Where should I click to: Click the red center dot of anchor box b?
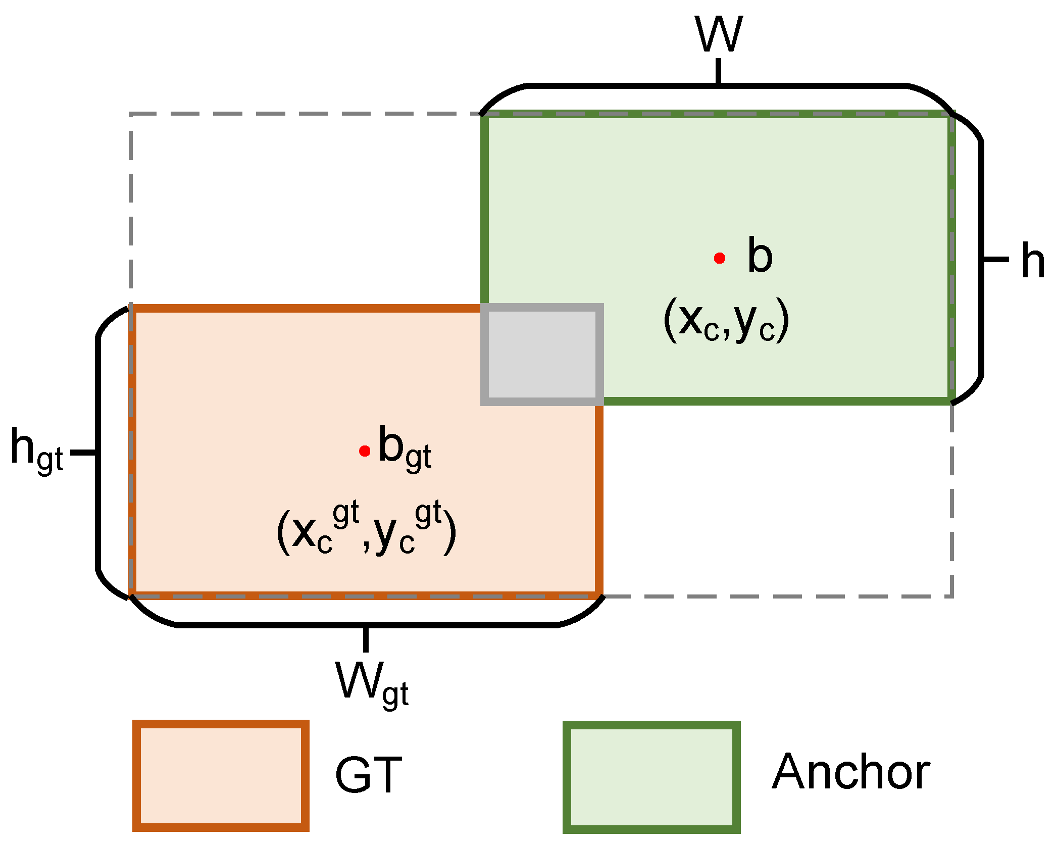pyautogui.click(x=720, y=259)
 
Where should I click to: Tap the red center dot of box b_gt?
pyautogui.click(x=365, y=451)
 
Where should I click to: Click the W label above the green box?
pyautogui.click(x=719, y=34)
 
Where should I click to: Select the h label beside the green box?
pyautogui.click(x=1032, y=261)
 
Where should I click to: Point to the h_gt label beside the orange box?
pyautogui.click(x=36, y=450)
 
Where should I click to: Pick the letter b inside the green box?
pyautogui.click(x=760, y=256)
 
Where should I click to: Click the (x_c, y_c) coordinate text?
pyautogui.click(x=726, y=320)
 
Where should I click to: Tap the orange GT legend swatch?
pyautogui.click(x=221, y=775)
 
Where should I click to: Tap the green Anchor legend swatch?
pyautogui.click(x=651, y=777)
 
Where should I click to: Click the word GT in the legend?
pyautogui.click(x=368, y=775)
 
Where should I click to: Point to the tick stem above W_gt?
pyautogui.click(x=366, y=639)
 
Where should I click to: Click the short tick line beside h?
pyautogui.click(x=995, y=260)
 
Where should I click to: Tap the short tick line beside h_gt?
pyautogui.click(x=83, y=452)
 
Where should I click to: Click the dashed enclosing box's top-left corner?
pyautogui.click(x=131, y=115)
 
